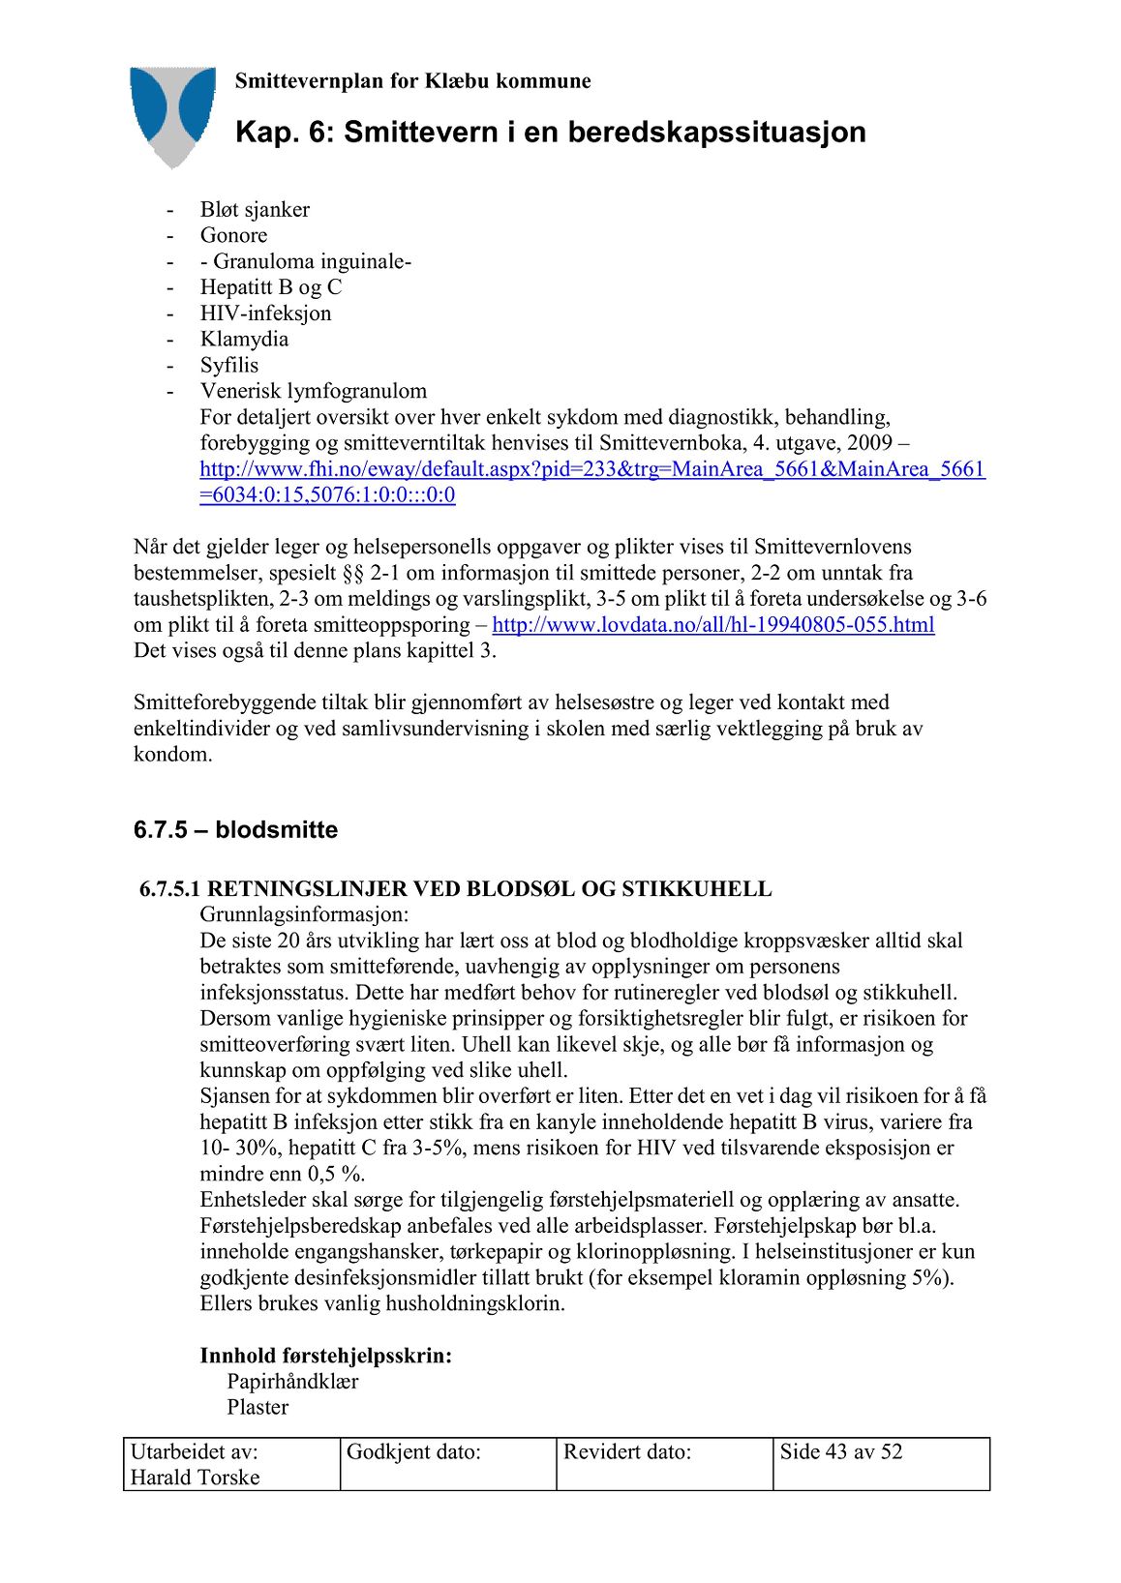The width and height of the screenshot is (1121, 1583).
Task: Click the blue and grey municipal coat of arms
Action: click(173, 114)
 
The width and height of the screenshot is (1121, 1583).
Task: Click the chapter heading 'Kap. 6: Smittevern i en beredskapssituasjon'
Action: click(550, 132)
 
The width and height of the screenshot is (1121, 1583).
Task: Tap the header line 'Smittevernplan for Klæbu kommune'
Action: click(412, 81)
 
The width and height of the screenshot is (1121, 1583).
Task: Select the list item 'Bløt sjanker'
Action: click(255, 210)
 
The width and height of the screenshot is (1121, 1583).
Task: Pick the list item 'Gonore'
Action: click(233, 236)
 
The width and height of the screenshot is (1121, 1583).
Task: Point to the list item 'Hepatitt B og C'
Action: click(270, 287)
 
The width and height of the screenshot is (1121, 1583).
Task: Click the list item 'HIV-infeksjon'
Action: click(265, 314)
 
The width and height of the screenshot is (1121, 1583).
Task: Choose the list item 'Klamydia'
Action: click(244, 340)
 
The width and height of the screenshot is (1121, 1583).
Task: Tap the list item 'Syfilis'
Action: click(229, 366)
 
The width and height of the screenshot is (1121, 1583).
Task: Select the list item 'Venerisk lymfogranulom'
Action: click(313, 392)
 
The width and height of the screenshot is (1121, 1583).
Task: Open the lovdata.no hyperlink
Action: click(712, 625)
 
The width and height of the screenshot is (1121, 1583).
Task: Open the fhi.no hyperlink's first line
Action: click(591, 470)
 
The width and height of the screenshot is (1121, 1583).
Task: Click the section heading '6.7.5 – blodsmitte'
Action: click(235, 830)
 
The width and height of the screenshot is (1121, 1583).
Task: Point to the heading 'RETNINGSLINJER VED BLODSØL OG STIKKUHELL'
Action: click(489, 889)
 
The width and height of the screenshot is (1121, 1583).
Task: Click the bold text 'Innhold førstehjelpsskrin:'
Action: click(325, 1356)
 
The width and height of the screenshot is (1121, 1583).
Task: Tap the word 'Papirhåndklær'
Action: click(292, 1382)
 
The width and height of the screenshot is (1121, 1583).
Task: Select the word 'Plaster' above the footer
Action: click(258, 1408)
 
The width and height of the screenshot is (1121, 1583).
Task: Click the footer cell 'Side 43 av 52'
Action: click(840, 1451)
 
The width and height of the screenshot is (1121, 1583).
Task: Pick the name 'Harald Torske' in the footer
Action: click(195, 1478)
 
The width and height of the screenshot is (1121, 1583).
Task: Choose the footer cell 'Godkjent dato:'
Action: click(413, 1451)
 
